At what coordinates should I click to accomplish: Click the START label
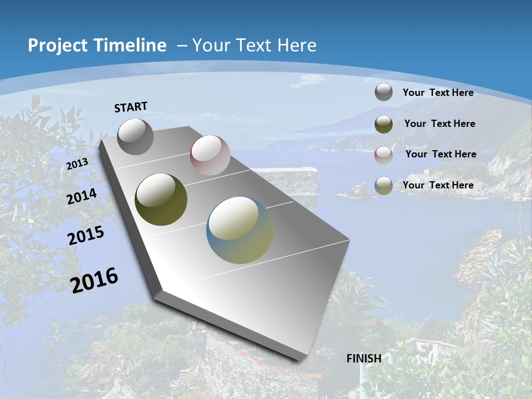pyautogui.click(x=131, y=107)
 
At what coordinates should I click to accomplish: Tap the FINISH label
pyautogui.click(x=364, y=359)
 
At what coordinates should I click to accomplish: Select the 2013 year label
pyautogui.click(x=78, y=164)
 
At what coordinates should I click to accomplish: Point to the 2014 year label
pyautogui.click(x=82, y=197)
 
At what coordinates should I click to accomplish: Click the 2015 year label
pyautogui.click(x=86, y=236)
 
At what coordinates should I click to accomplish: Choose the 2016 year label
pyautogui.click(x=94, y=280)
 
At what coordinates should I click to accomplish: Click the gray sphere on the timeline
pyautogui.click(x=136, y=136)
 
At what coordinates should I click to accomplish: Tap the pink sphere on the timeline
pyautogui.click(x=210, y=155)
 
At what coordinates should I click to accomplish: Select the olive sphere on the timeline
pyautogui.click(x=161, y=199)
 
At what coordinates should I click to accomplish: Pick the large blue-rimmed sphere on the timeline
pyautogui.click(x=240, y=230)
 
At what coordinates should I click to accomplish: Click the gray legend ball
pyautogui.click(x=383, y=92)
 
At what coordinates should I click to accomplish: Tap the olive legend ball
pyautogui.click(x=383, y=124)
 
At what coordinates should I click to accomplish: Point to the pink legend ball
pyautogui.click(x=383, y=155)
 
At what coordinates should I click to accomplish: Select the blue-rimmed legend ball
pyautogui.click(x=383, y=186)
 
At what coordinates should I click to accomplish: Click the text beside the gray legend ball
pyautogui.click(x=438, y=93)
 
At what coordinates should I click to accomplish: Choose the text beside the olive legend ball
pyautogui.click(x=440, y=124)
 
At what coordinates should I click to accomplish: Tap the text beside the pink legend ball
pyautogui.click(x=441, y=154)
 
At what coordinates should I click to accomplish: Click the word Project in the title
pyautogui.click(x=58, y=45)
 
